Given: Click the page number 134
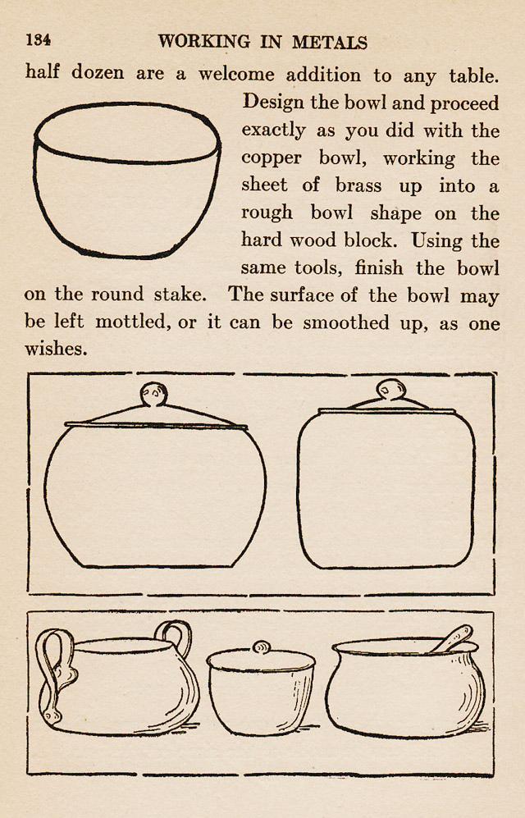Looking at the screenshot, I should point(38,40).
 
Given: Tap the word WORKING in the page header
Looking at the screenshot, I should point(204,42).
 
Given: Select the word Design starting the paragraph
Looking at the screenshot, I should point(274,103).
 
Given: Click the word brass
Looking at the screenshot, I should point(359,185).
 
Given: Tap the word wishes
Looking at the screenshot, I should point(56,350).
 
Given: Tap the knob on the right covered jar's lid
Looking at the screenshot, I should point(389,390).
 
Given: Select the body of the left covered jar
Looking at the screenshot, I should point(155,496).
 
